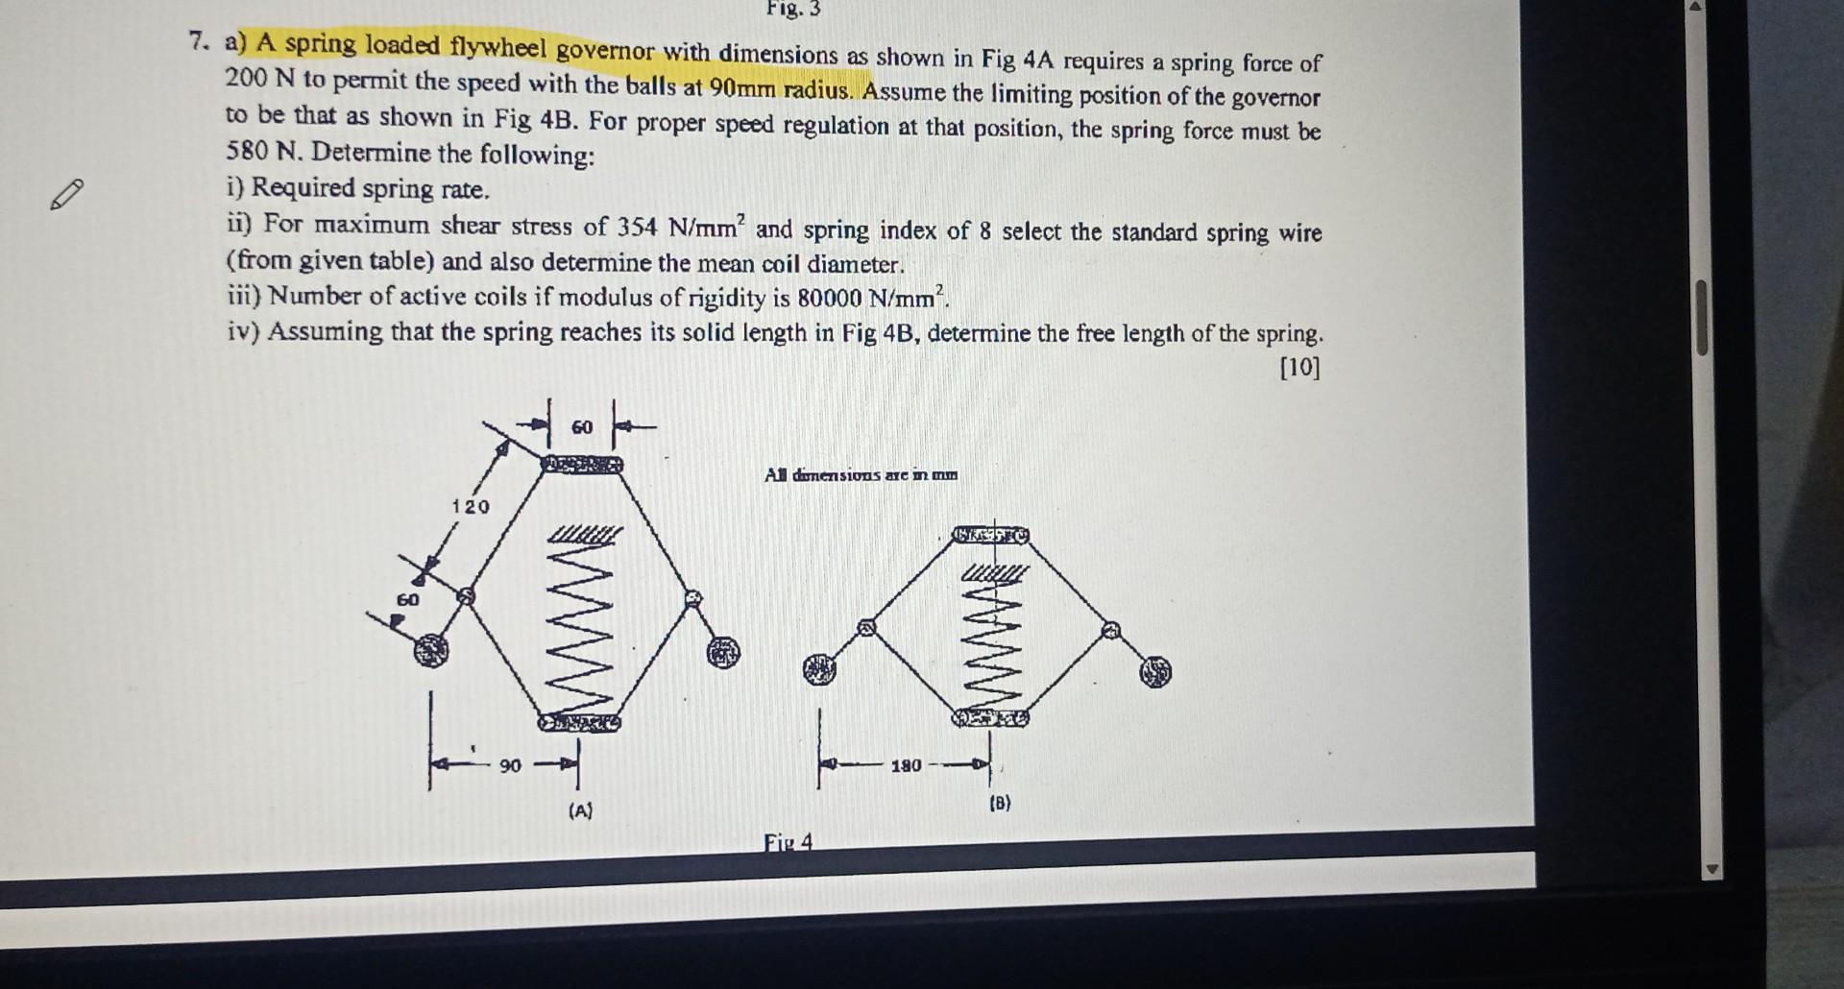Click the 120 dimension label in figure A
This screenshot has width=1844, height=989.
click(471, 506)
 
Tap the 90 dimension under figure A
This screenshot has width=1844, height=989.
click(510, 765)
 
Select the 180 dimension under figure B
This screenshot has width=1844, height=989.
click(906, 765)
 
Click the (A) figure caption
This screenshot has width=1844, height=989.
click(580, 810)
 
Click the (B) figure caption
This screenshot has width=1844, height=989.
click(1000, 803)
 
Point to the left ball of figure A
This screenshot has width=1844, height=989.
click(431, 651)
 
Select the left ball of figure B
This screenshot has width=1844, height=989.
click(818, 668)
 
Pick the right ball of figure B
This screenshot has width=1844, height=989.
click(1156, 672)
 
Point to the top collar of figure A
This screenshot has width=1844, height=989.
click(582, 465)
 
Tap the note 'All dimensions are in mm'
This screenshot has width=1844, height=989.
click(861, 474)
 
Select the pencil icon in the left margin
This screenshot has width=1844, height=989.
click(66, 195)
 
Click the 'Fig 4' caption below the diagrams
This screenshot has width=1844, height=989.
click(788, 842)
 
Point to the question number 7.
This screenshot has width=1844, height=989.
click(198, 41)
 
